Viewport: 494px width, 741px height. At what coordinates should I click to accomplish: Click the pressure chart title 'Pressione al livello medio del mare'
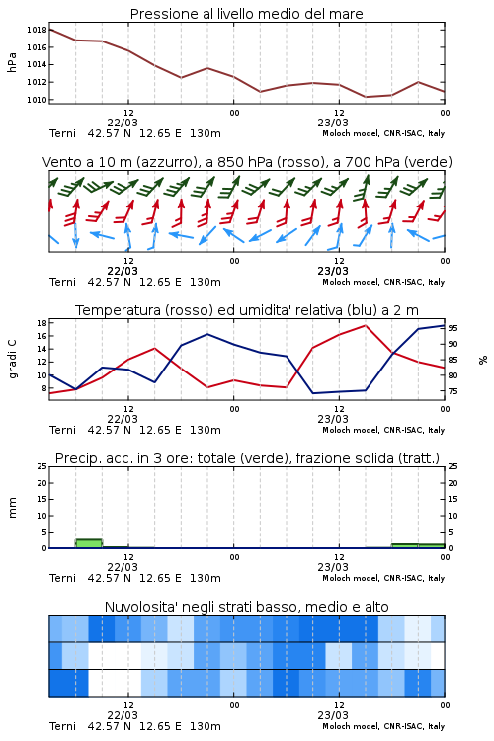246,14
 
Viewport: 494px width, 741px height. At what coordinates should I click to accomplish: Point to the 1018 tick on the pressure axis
37,30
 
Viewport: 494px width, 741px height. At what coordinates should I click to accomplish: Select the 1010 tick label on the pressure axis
37,100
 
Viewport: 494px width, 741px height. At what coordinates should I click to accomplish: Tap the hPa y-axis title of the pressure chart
12,62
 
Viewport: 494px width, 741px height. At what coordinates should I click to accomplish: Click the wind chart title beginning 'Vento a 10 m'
247,162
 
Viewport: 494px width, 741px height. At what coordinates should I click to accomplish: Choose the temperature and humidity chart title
247,310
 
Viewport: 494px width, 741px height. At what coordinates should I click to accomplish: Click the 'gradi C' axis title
12,360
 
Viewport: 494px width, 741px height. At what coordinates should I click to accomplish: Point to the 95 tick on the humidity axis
453,328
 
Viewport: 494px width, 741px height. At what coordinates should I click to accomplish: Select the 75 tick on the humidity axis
453,391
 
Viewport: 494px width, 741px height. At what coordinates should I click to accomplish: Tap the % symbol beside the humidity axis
483,360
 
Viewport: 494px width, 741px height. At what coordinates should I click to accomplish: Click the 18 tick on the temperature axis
41,323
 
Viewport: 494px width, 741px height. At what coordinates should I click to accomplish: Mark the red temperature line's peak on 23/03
365,325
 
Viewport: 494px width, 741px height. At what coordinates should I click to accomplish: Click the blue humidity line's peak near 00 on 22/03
207,334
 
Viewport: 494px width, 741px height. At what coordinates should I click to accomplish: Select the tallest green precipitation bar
89,543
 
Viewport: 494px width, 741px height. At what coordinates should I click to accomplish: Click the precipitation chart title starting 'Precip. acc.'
247,458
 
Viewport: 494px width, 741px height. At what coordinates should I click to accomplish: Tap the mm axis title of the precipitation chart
12,508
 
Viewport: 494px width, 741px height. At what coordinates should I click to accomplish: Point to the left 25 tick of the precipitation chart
41,466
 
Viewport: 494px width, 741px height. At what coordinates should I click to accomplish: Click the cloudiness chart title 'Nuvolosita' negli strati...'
246,607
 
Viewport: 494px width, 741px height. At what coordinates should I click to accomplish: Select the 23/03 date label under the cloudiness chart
333,715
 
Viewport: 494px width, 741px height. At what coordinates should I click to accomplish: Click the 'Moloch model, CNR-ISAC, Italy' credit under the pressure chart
383,133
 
